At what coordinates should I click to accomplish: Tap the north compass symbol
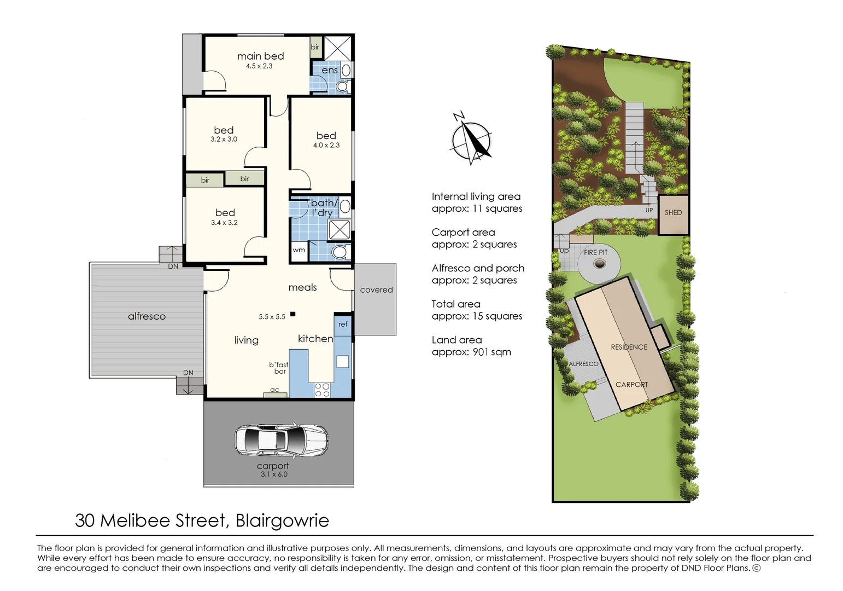[x=470, y=140]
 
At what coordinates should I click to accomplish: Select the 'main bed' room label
[x=260, y=56]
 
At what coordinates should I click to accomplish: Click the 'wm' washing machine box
[x=299, y=250]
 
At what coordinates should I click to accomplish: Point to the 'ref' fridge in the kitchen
[x=343, y=324]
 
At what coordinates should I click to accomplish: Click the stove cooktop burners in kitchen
[x=322, y=390]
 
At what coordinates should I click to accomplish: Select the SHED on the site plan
[x=673, y=213]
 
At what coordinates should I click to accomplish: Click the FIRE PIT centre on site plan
[x=600, y=264]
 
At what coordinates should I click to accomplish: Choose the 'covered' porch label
[x=376, y=290]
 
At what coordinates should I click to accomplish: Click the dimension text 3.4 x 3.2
[x=224, y=223]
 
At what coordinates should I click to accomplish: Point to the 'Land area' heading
[x=456, y=340]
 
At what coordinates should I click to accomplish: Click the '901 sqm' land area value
[x=491, y=352]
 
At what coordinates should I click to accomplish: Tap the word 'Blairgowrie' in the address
[x=282, y=520]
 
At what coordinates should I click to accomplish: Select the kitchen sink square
[x=342, y=361]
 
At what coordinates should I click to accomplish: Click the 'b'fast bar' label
[x=279, y=368]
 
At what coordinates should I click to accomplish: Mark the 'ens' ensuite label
[x=330, y=70]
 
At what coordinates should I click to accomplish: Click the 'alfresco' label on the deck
[x=147, y=316]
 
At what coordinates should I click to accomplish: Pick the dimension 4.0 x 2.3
[x=326, y=145]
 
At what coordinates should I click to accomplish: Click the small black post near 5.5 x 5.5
[x=293, y=314]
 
